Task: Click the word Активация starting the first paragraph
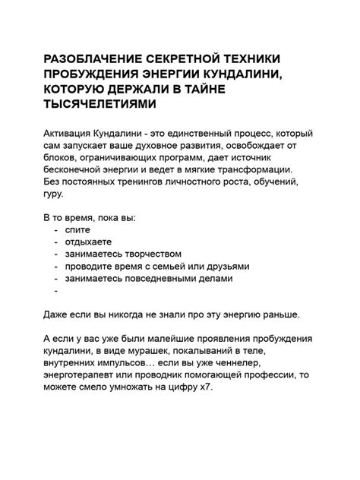(x=69, y=134)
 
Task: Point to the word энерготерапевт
(x=81, y=375)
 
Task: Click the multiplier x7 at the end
(x=205, y=387)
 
